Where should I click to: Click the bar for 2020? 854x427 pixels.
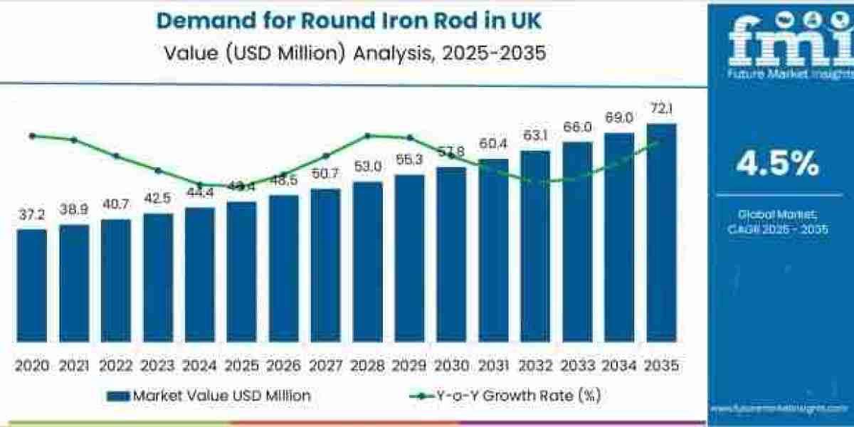point(32,285)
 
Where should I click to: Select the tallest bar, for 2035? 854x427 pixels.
point(661,232)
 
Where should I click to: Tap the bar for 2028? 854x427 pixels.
point(367,261)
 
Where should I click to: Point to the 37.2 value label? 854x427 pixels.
point(32,215)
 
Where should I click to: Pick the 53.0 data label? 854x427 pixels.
point(367,167)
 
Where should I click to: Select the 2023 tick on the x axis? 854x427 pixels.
point(157,366)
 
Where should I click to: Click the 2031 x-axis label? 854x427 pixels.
point(493,366)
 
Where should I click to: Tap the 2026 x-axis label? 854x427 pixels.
point(283,366)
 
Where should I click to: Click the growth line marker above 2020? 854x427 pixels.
point(32,135)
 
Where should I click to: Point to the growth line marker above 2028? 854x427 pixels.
point(367,135)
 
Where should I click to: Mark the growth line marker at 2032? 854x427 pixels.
point(535,181)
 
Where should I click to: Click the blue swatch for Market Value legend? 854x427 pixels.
point(118,396)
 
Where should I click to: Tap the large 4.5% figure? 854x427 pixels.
point(777,165)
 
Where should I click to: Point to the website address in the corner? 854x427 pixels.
point(780,410)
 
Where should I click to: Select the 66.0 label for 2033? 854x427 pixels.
point(577,127)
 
